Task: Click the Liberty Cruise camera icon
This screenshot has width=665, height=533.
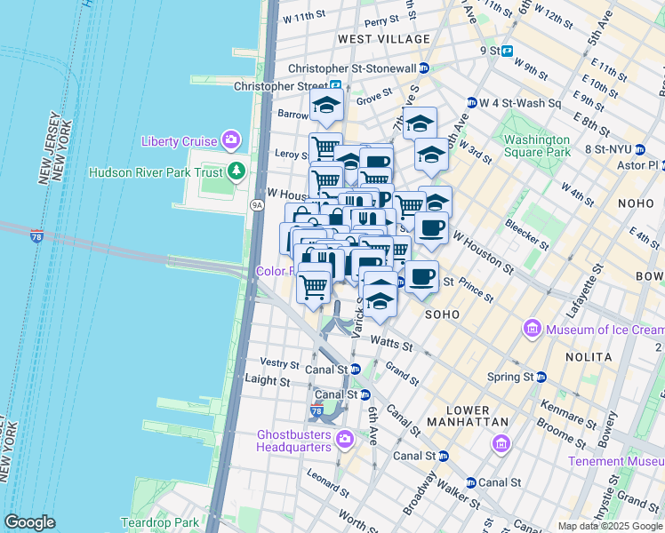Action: coord(232,140)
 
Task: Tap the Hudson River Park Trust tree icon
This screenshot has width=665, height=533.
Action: coord(236,171)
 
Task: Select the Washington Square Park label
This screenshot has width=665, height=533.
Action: coord(536,146)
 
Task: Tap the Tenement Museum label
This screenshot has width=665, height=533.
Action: coord(616,461)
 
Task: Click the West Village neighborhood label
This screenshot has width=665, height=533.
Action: coord(383,39)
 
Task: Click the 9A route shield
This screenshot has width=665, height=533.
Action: coord(257,205)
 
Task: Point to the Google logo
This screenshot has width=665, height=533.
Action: coord(29,522)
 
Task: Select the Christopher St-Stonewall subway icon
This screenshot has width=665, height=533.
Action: coord(424,68)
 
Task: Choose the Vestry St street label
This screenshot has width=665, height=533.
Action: coord(280,363)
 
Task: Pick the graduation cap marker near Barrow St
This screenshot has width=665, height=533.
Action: coord(326,106)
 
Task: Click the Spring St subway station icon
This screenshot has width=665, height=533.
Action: coord(541,377)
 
